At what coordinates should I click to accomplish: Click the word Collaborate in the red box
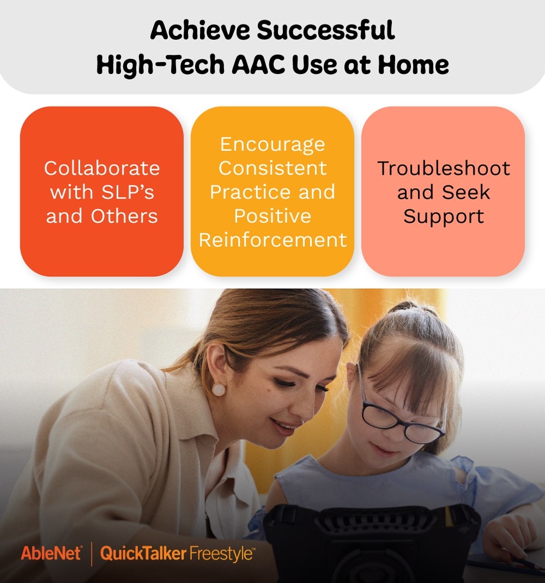click(102, 168)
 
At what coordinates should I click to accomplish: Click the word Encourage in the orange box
click(272, 144)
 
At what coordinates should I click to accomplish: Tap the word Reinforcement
click(272, 240)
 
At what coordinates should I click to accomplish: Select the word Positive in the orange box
click(272, 216)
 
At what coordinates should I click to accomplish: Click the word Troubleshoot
click(443, 168)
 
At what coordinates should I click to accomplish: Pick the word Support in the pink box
click(443, 216)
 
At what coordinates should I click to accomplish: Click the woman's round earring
click(219, 389)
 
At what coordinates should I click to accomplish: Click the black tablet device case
click(371, 539)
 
